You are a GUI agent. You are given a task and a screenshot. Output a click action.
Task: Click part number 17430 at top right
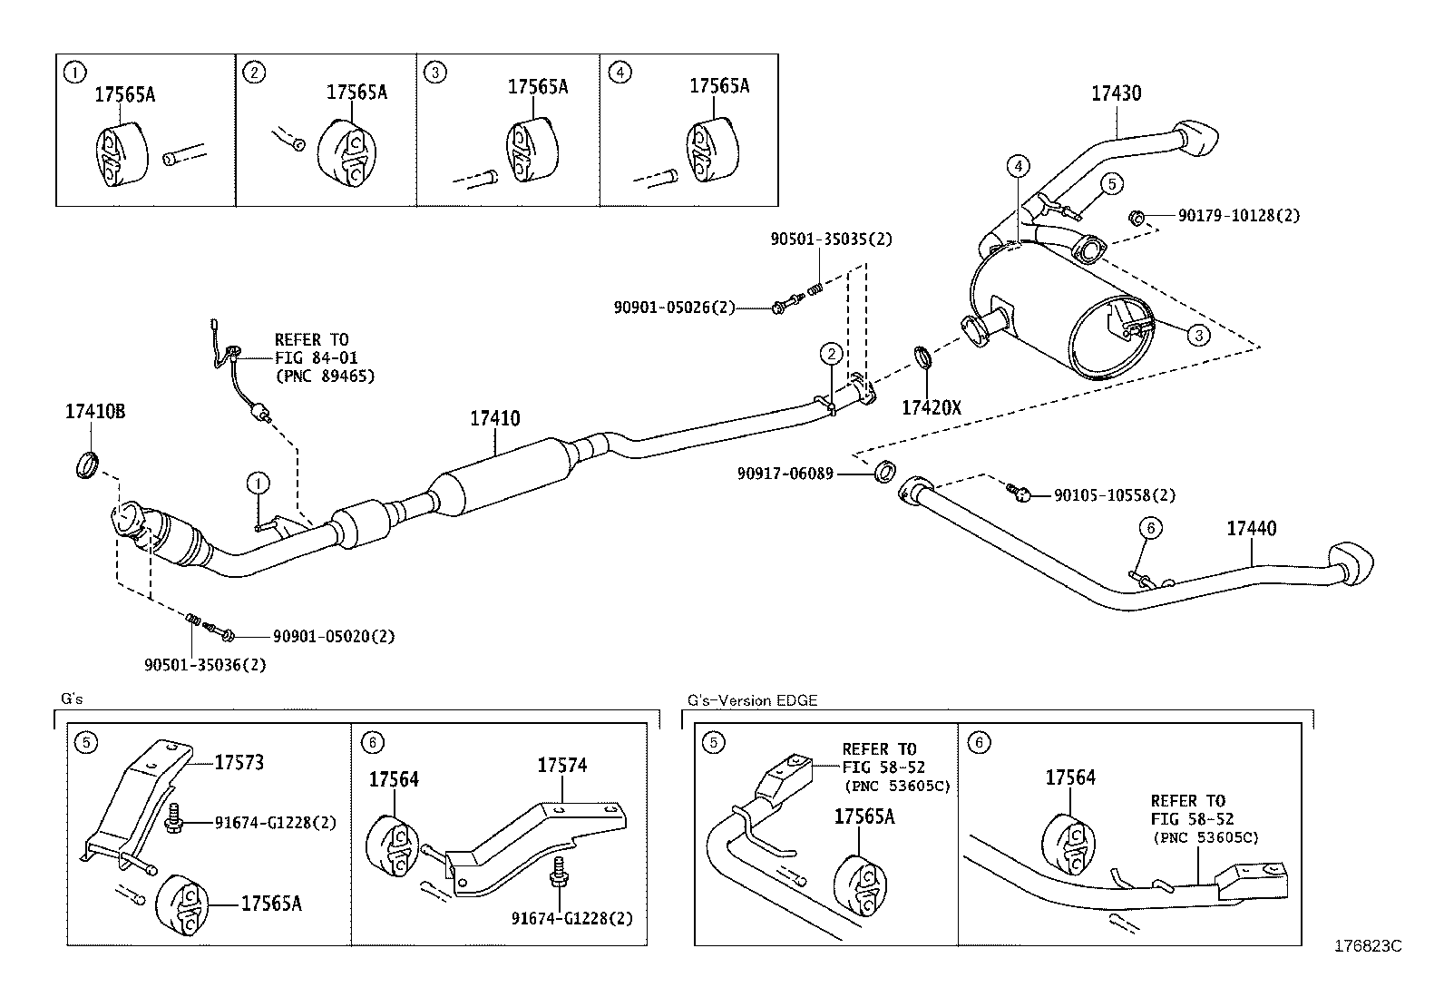pos(1116,93)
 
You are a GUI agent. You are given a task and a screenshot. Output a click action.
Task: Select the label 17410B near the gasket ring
pos(94,412)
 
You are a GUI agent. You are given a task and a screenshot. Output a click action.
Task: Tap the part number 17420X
pos(931,408)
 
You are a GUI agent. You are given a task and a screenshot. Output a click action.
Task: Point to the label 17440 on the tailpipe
pos(1252,528)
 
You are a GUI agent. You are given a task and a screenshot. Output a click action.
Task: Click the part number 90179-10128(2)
pos(1239,216)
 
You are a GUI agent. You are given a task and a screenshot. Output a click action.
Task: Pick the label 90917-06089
pos(785,473)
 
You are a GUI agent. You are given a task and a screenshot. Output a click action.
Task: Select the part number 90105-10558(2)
pos(1115,495)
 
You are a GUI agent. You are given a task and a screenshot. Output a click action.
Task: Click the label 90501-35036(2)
pos(205,665)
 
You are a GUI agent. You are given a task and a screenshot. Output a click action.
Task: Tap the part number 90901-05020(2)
pos(321,636)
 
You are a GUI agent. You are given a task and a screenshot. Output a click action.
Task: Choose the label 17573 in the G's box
pos(239,762)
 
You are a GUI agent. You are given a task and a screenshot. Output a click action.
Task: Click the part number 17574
pos(561,765)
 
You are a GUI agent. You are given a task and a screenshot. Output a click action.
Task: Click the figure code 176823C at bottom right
pos(1367,945)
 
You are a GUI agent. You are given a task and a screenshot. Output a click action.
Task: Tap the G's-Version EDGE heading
pos(752,700)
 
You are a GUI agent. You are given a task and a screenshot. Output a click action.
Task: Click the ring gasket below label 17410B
pos(87,464)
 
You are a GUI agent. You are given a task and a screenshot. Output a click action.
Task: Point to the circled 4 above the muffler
pos(1019,166)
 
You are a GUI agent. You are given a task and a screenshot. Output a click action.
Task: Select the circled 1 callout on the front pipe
pos(258,483)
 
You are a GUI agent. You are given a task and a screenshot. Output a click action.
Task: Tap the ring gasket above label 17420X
pos(922,357)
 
